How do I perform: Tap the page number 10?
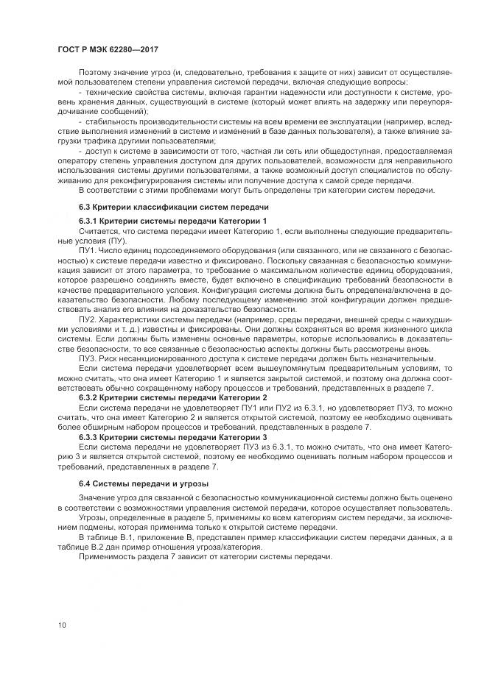[x=61, y=625]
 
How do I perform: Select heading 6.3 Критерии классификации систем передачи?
[x=174, y=207]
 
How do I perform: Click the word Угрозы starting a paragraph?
[x=94, y=517]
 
